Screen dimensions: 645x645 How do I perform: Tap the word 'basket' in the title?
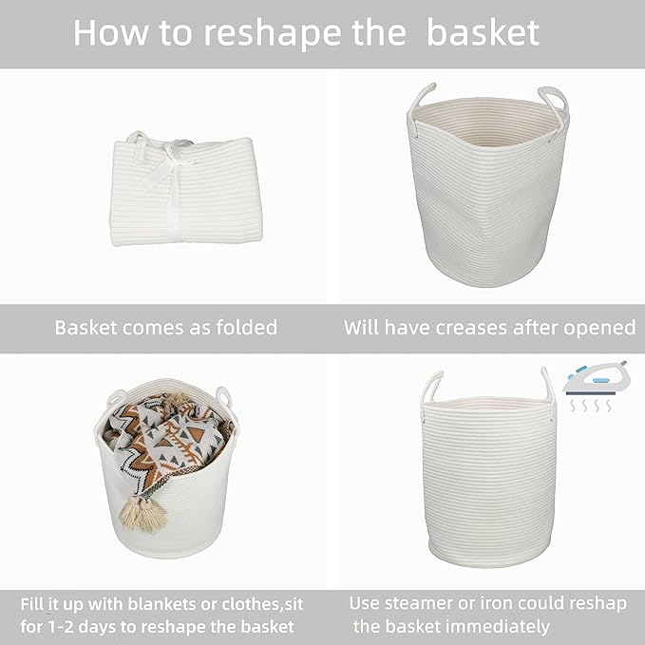(483, 32)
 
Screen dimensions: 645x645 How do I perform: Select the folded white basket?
(185, 190)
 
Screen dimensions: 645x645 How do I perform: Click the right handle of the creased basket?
(553, 98)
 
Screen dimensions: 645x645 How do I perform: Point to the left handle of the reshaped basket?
(432, 385)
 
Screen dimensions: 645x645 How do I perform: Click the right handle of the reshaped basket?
(547, 384)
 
